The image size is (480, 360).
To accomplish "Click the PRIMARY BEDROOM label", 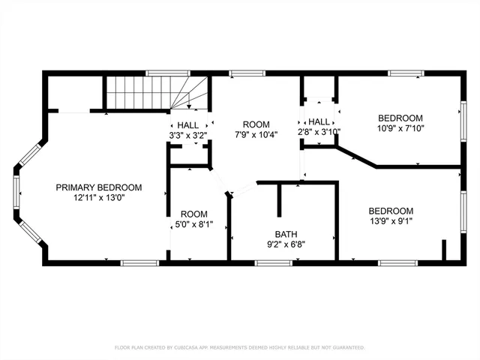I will pyautogui.click(x=98, y=187).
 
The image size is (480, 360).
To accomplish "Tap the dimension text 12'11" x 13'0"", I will pyautogui.click(x=98, y=199).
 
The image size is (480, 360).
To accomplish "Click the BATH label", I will pyautogui.click(x=285, y=233).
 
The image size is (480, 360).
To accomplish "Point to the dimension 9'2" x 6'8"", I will pyautogui.click(x=285, y=244).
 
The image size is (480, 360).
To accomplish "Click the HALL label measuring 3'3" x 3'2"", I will pyautogui.click(x=188, y=125).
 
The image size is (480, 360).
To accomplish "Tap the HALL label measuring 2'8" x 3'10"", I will pyautogui.click(x=319, y=121).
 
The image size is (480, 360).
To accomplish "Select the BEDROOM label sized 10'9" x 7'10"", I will pyautogui.click(x=400, y=118).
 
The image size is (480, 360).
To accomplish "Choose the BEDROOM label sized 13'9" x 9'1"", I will pyautogui.click(x=391, y=211).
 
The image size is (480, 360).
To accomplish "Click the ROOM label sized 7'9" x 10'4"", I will pyautogui.click(x=256, y=124).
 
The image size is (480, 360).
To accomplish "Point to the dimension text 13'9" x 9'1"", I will pyautogui.click(x=391, y=221).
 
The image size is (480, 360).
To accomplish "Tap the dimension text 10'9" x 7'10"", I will pyautogui.click(x=400, y=129).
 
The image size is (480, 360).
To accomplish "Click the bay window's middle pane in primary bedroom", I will pyautogui.click(x=16, y=190).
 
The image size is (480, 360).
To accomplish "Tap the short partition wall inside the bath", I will pyautogui.click(x=279, y=199).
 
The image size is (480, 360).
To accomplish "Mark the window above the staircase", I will pyautogui.click(x=159, y=73).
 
